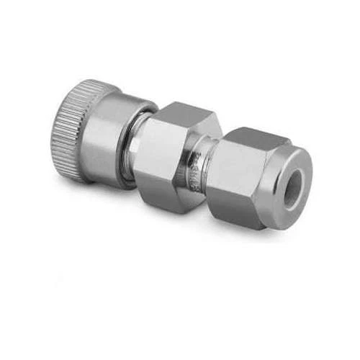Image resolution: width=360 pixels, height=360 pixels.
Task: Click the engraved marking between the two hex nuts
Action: pos(195,174)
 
